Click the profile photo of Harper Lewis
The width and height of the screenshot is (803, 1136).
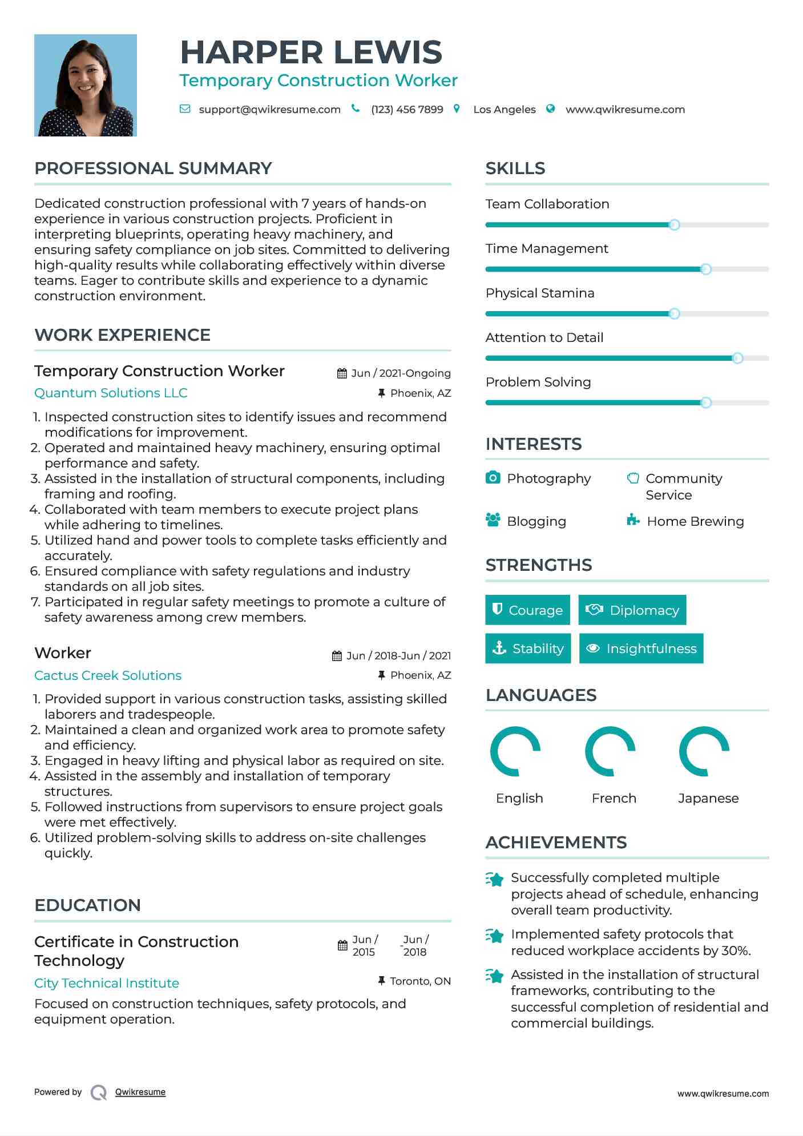pos(86,85)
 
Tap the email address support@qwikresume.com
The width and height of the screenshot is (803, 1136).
pos(269,110)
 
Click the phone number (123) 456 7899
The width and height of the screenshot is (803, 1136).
pos(407,110)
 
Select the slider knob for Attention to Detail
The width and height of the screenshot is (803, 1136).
pos(737,358)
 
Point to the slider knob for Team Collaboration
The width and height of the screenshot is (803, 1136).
pos(674,225)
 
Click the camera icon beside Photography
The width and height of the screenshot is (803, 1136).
pos(493,477)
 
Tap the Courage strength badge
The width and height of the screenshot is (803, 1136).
pos(527,610)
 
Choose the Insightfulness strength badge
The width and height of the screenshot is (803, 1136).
pos(641,648)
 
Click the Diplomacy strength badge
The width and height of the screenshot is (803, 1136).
pos(632,610)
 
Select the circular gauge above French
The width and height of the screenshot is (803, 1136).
pos(610,752)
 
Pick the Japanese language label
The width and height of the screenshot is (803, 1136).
pos(708,798)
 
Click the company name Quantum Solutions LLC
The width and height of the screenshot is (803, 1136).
pos(111,393)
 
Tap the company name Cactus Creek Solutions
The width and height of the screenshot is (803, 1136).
pos(108,675)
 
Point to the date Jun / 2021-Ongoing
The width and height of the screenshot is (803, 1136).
pos(401,373)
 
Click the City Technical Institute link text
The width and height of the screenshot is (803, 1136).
pos(107,983)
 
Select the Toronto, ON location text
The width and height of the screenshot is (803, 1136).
pos(420,981)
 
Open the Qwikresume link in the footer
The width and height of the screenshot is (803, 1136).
pos(140,1092)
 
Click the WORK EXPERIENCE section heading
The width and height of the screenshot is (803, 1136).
pos(123,335)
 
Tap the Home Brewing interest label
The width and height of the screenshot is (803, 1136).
pos(695,521)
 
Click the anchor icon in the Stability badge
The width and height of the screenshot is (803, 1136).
pos(499,648)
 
